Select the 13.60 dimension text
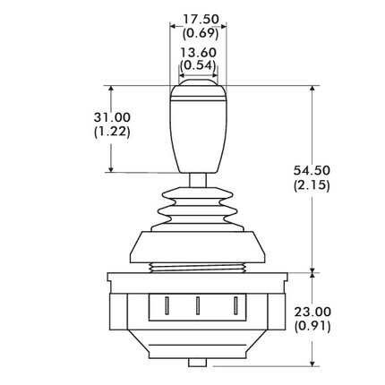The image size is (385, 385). point(198,53)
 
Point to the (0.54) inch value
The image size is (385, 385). point(198,65)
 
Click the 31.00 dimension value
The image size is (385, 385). point(112,117)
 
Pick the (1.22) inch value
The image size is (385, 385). point(112,131)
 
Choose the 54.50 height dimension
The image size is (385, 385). point(312,171)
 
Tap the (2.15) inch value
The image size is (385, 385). point(312,185)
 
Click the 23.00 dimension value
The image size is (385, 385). point(312,312)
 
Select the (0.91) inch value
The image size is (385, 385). point(312,326)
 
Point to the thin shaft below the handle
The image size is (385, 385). point(197,179)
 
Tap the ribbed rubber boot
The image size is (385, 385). point(197,208)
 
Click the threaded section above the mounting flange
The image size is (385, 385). point(197,267)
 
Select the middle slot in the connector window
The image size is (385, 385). point(198,304)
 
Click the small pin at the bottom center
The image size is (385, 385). point(197,363)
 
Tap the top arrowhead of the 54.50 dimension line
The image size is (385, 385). point(312,90)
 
